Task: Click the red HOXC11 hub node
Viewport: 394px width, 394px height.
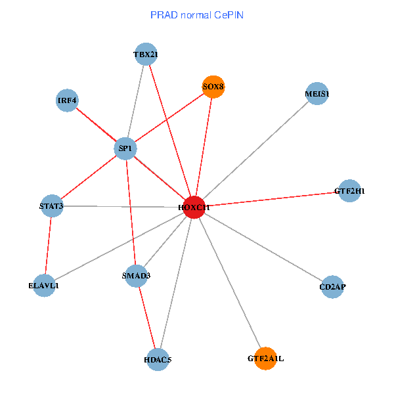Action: coord(194,207)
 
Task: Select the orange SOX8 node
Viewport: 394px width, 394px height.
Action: coord(213,87)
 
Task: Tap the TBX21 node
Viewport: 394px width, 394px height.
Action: coord(145,55)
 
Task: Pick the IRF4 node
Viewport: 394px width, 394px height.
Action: coord(67,100)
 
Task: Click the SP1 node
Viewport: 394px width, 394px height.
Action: coord(125,148)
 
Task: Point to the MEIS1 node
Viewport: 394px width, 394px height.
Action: coord(317,94)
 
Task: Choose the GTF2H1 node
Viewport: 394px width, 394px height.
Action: coord(349,191)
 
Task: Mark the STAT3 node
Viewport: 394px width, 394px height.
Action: coord(51,206)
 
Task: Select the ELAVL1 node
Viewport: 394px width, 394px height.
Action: coord(43,286)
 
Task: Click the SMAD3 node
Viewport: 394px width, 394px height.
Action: coord(136,275)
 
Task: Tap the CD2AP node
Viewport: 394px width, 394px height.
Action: coord(333,287)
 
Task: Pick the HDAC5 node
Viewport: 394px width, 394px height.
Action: coord(158,359)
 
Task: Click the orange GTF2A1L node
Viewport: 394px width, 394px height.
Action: coord(265,359)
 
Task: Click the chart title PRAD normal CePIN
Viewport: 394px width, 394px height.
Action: coord(197,14)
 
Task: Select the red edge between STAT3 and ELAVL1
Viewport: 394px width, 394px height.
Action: coord(47,246)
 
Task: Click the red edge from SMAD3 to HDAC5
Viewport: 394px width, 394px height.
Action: coord(147,317)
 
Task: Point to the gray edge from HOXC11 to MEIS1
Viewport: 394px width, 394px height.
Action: coord(255,150)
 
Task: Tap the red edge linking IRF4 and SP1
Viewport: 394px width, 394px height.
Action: coord(96,125)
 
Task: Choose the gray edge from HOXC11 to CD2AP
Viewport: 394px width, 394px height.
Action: coord(263,247)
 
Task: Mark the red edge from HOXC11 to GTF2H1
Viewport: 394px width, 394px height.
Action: coord(271,199)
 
